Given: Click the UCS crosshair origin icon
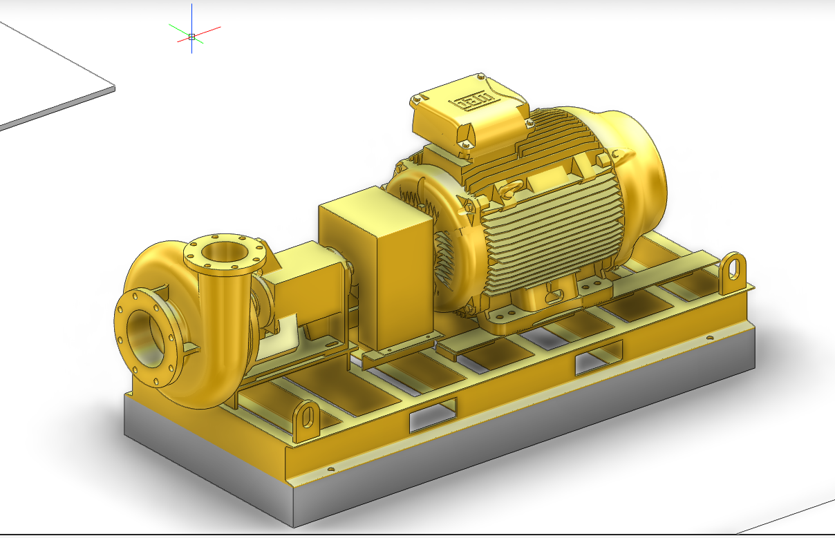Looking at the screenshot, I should pyautogui.click(x=191, y=37).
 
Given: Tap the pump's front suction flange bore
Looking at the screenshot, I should pyautogui.click(x=147, y=336).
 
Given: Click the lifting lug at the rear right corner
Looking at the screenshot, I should pyautogui.click(x=734, y=271).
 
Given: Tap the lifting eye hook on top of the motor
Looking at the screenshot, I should pyautogui.click(x=512, y=189).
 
